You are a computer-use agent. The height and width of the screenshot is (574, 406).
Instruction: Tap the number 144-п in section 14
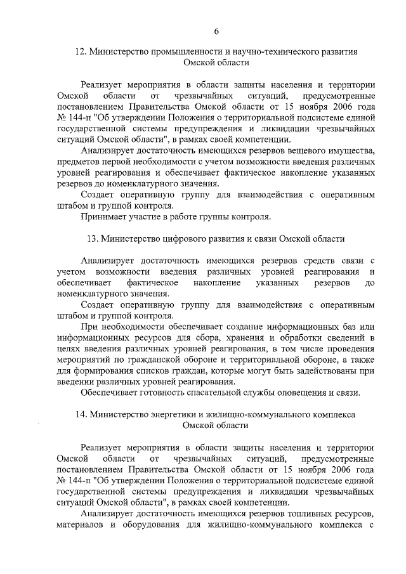click(83, 479)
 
